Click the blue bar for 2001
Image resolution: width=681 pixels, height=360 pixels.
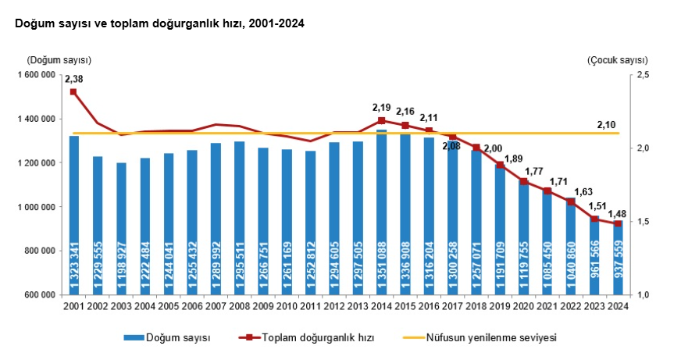74,215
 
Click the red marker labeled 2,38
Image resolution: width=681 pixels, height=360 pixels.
74,92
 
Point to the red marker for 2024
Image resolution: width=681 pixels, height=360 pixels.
618,224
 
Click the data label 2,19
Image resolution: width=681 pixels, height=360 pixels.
381,108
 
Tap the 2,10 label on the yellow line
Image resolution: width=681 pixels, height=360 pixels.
606,124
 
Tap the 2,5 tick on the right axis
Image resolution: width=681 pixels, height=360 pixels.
644,75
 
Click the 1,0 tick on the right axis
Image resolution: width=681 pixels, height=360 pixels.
644,295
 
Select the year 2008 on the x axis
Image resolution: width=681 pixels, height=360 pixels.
239,305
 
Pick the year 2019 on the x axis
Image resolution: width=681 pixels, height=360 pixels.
500,305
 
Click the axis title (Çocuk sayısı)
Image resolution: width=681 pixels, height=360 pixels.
618,60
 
